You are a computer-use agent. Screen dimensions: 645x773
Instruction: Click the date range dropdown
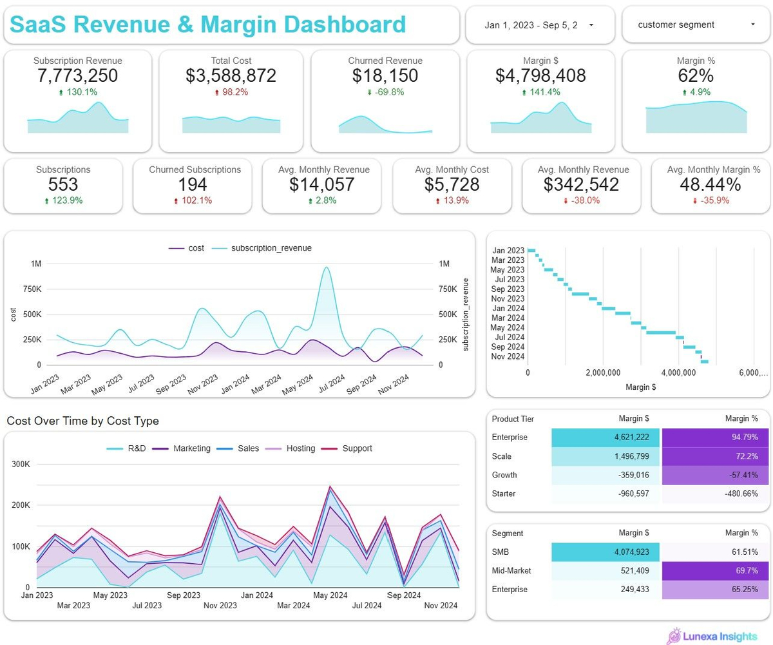(x=539, y=25)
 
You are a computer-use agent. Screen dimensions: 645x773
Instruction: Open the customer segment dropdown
(x=696, y=25)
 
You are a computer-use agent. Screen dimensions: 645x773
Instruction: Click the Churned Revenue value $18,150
(x=385, y=76)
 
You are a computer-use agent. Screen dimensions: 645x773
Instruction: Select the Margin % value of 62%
(x=696, y=76)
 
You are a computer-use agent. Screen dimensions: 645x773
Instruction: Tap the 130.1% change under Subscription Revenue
(x=78, y=92)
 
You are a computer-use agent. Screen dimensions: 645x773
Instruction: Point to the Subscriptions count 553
(x=63, y=185)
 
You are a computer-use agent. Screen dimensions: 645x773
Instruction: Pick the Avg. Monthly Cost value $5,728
(x=452, y=185)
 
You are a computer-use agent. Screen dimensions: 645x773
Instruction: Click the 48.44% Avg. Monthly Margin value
(x=711, y=185)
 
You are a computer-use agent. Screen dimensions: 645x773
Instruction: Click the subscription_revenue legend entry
(x=271, y=248)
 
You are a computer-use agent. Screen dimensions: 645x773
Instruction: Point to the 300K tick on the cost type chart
(x=21, y=464)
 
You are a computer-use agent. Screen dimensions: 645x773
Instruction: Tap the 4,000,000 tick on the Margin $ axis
(x=680, y=373)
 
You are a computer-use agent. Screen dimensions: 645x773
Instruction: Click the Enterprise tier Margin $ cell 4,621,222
(x=605, y=438)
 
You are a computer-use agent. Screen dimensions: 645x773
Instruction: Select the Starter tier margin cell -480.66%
(x=715, y=494)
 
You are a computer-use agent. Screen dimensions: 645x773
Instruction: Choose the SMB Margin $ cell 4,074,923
(x=605, y=552)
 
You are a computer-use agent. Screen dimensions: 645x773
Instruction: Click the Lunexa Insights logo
(x=712, y=636)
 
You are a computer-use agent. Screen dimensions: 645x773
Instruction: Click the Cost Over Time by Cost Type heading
(x=82, y=421)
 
